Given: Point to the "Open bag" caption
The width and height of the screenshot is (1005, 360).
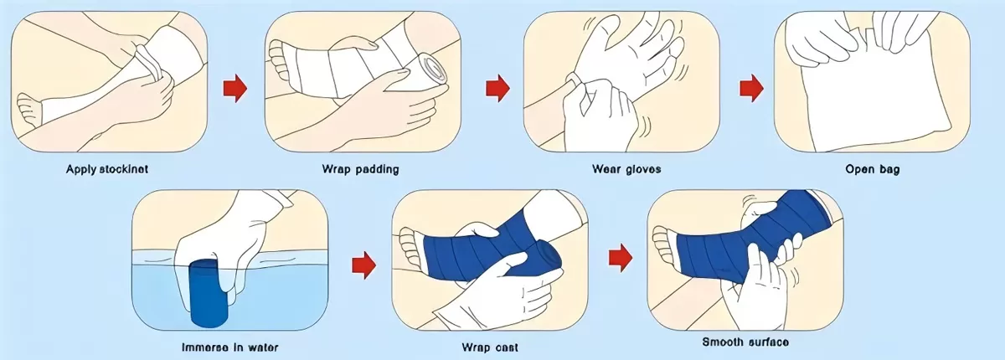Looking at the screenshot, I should (x=872, y=169).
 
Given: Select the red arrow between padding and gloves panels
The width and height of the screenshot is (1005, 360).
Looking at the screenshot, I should (x=497, y=86).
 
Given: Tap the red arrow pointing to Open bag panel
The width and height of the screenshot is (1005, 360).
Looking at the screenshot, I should (x=751, y=86).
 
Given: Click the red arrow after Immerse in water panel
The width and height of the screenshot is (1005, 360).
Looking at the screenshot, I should (x=362, y=265).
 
